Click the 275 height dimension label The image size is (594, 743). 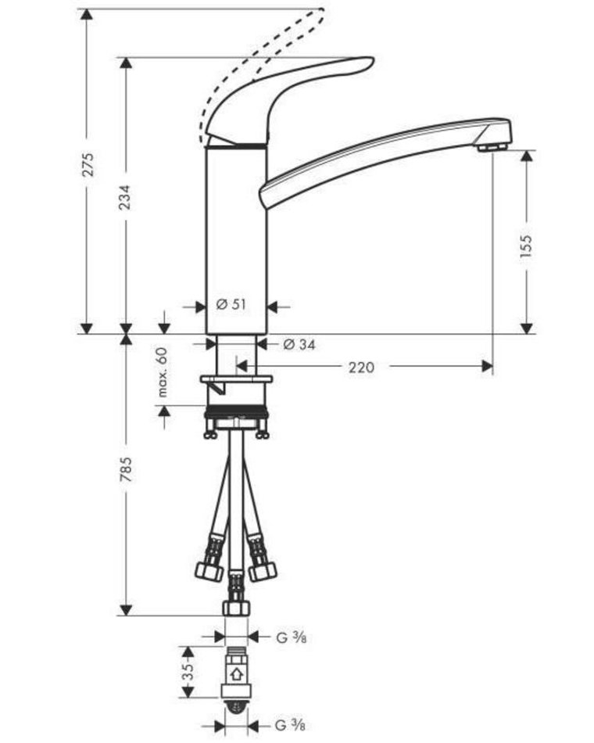tap(88, 164)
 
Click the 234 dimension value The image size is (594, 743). tap(124, 196)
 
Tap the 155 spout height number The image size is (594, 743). tap(526, 246)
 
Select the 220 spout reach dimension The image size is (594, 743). tap(361, 368)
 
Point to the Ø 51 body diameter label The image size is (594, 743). tap(231, 304)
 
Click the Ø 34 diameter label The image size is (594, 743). tap(299, 344)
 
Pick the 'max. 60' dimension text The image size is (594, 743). tap(163, 372)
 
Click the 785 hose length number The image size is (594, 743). tap(125, 469)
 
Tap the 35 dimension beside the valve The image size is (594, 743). tap(188, 672)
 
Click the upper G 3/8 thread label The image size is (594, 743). tap(292, 637)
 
